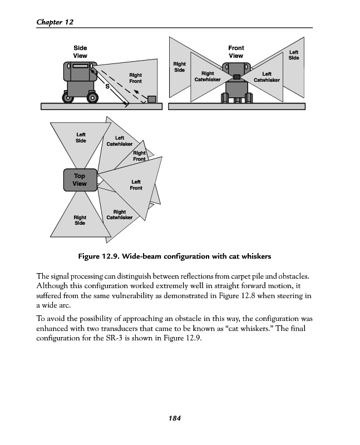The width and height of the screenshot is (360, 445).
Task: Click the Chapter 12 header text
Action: click(55, 22)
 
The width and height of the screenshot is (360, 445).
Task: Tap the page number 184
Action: click(176, 418)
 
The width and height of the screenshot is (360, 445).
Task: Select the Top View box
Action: click(80, 180)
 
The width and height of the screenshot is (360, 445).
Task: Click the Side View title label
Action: click(80, 52)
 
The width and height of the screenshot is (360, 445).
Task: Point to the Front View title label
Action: click(236, 52)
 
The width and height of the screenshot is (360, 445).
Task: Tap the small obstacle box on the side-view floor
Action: click(151, 99)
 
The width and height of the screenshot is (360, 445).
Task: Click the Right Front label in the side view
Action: click(135, 78)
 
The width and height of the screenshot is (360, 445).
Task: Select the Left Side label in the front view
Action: click(294, 55)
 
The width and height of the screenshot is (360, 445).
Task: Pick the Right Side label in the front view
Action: click(179, 67)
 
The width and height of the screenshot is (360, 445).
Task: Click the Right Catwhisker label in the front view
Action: click(208, 77)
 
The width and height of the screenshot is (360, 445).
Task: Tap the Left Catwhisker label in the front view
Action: click(267, 77)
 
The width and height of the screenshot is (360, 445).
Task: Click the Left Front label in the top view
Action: click(136, 185)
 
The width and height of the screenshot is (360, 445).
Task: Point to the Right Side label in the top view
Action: click(80, 220)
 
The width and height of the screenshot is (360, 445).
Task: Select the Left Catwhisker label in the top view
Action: click(119, 141)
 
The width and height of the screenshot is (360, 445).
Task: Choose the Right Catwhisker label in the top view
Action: click(119, 215)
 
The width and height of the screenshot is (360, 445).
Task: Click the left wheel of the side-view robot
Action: click(69, 98)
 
